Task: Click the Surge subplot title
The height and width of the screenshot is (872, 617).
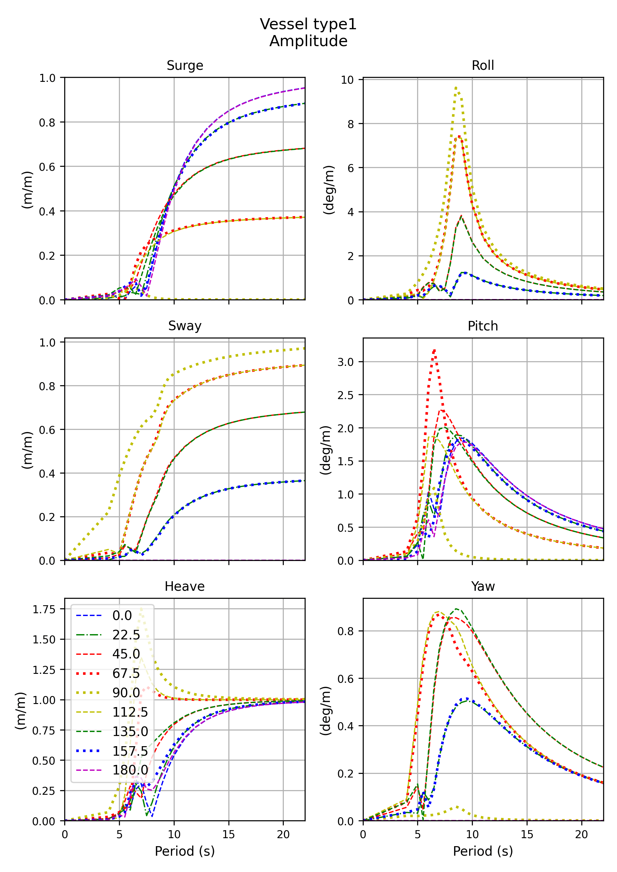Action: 185,66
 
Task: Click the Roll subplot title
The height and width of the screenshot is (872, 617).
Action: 483,66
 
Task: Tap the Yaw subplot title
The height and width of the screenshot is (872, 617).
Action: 483,586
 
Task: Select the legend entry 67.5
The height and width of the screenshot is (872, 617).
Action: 126,674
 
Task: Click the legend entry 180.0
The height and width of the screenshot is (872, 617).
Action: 130,770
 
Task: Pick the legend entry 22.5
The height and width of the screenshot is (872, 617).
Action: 126,635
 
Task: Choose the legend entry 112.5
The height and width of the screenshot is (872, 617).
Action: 130,712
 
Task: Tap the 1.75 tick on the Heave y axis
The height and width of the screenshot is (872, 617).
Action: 44,610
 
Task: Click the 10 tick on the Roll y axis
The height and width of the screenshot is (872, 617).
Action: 347,80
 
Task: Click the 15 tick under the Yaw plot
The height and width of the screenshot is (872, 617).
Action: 527,835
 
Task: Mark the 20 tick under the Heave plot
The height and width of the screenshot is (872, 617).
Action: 283,835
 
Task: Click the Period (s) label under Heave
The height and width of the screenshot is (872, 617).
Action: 185,851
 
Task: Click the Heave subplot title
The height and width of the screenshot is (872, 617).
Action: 185,586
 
